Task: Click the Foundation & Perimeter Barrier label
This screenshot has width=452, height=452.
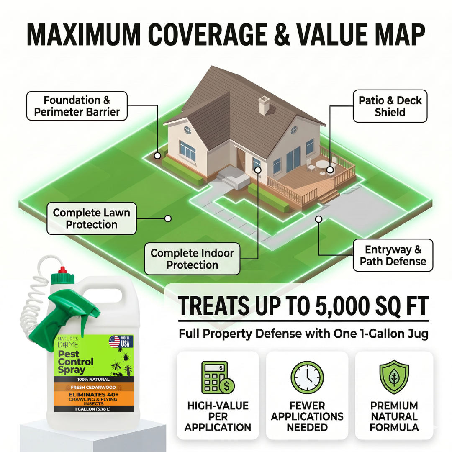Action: tap(77, 106)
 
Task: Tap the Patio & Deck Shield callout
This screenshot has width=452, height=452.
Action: tap(390, 106)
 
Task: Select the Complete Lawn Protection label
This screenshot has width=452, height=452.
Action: tap(91, 218)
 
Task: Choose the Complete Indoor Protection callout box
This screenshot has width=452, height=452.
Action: tap(192, 259)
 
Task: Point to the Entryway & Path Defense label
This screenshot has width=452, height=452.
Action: tap(393, 255)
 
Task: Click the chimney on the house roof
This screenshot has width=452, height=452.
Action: tap(264, 105)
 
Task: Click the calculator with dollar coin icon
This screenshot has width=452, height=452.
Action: tap(218, 378)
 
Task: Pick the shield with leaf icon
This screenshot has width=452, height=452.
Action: tap(394, 377)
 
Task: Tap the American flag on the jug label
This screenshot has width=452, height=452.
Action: tap(114, 342)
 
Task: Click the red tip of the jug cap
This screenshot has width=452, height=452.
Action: tap(62, 270)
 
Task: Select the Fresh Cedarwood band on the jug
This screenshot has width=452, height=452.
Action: tap(93, 387)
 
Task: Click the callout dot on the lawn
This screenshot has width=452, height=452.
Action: tap(168, 218)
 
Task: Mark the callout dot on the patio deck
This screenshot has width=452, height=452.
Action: tap(330, 169)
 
